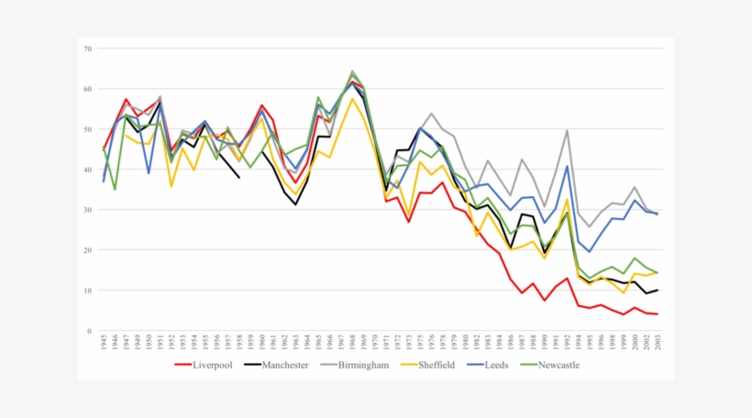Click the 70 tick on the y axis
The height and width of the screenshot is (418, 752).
click(x=88, y=49)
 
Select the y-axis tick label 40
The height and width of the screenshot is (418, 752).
click(x=88, y=170)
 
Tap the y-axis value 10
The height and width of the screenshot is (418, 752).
click(x=88, y=291)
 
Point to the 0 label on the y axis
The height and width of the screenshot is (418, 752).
click(x=90, y=331)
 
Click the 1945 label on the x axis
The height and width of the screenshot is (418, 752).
click(x=105, y=344)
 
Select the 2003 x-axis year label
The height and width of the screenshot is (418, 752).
click(x=657, y=344)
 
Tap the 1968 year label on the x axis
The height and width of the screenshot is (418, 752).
click(x=352, y=344)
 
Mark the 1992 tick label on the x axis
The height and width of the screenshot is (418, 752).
click(x=567, y=344)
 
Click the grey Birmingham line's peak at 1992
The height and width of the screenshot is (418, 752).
click(x=567, y=130)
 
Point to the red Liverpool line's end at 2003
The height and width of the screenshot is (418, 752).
click(x=657, y=314)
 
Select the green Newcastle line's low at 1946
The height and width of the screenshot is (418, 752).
click(x=116, y=189)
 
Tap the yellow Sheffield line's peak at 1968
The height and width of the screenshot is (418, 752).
click(x=352, y=99)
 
